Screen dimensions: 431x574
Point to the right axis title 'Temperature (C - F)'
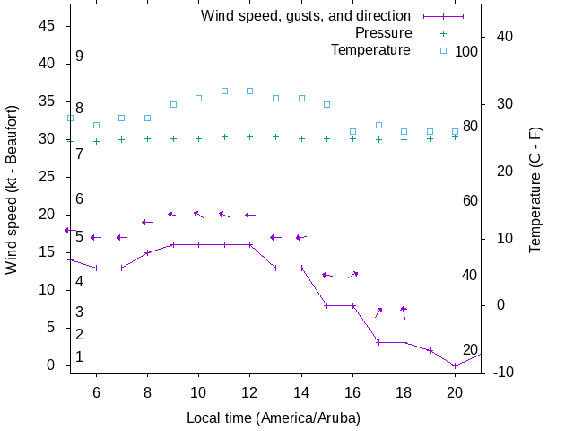click(535, 189)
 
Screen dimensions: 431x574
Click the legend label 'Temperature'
click(370, 49)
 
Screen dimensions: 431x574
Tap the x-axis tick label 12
click(250, 392)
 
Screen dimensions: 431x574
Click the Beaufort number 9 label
click(79, 57)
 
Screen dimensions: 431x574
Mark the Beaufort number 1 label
click(79, 356)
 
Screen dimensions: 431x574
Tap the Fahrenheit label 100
click(466, 51)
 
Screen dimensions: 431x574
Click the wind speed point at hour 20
click(456, 365)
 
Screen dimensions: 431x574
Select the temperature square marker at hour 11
click(224, 91)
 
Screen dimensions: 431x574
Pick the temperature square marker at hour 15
click(327, 104)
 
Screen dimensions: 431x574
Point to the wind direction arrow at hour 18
click(404, 312)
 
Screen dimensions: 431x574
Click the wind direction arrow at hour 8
click(147, 222)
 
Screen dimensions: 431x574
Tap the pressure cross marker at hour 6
click(96, 141)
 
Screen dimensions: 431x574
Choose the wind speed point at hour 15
click(327, 305)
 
